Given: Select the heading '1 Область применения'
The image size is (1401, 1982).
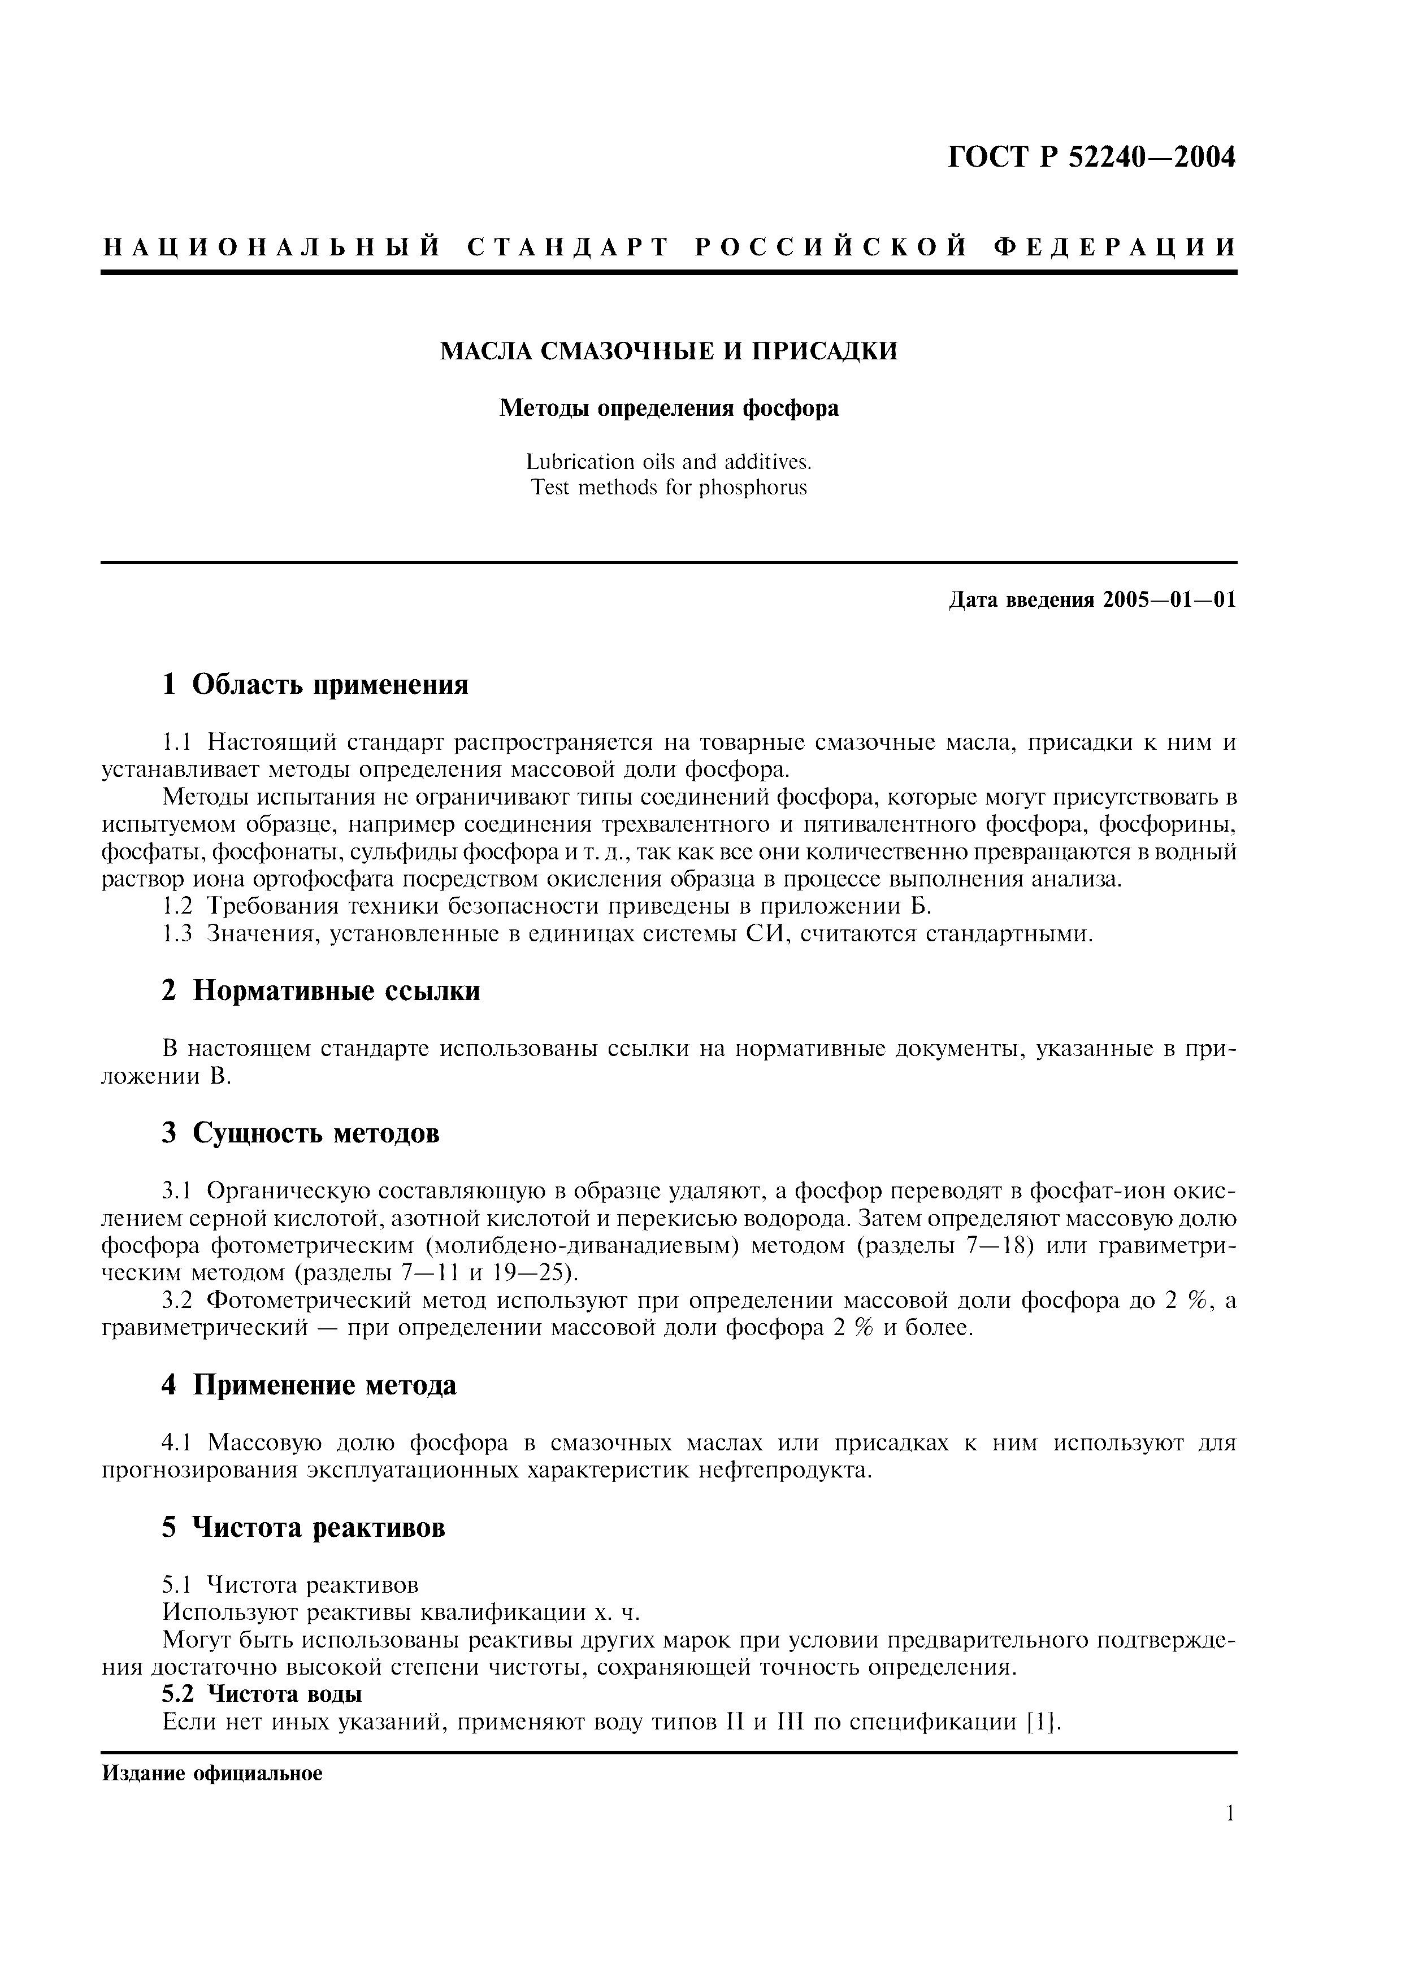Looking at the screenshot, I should coord(315,685).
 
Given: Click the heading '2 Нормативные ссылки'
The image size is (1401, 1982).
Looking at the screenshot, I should coord(320,991).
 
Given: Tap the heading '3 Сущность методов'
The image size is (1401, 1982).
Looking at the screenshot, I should coord(301,1133).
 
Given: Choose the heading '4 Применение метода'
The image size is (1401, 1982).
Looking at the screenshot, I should coord(309,1385).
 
